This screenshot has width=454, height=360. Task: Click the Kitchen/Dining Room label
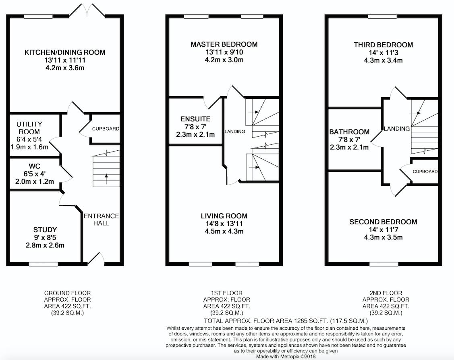coord(65,52)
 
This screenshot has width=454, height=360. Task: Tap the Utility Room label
coord(29,128)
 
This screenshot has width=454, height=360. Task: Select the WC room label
coord(35,166)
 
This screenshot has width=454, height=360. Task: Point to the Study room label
coord(45,230)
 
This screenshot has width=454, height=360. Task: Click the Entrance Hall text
coord(102,219)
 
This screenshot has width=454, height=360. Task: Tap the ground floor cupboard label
coord(106,129)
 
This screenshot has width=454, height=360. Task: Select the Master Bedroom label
coord(224,44)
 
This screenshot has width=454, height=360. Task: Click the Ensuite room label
coord(195,119)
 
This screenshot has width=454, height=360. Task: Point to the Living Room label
coord(224,216)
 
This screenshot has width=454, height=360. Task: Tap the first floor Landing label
coord(235,131)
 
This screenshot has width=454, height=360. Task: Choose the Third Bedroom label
coord(384,45)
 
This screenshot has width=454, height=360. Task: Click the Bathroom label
coord(349,132)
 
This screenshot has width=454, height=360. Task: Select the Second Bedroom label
coord(384,222)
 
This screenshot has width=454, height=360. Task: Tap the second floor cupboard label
coord(425,172)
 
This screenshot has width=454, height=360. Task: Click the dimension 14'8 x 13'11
coord(224,224)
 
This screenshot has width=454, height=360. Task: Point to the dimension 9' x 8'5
coord(45,238)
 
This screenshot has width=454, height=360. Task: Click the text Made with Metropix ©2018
coord(286,356)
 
